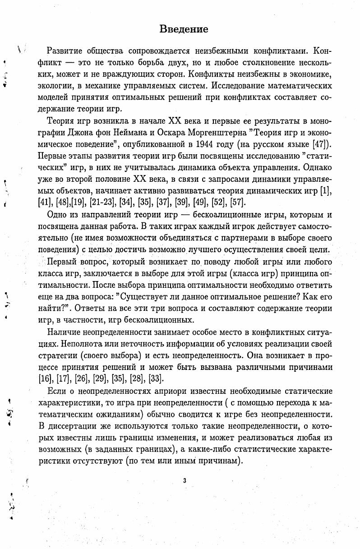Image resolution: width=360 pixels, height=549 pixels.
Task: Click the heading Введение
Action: pyautogui.click(x=184, y=29)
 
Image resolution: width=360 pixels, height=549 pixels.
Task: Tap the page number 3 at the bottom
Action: pyautogui.click(x=185, y=480)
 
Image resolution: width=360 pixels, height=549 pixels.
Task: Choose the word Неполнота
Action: pyautogui.click(x=75, y=344)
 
